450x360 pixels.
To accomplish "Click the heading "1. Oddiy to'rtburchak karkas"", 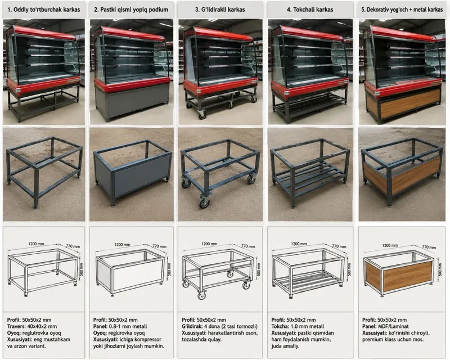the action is pyautogui.click(x=44, y=10).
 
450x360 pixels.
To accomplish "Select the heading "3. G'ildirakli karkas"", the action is pyautogui.click(x=220, y=10).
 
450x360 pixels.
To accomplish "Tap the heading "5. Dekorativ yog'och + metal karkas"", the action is pyautogui.click(x=402, y=10).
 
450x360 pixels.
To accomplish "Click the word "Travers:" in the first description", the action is pyautogui.click(x=16, y=326).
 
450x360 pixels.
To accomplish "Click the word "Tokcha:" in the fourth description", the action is pyautogui.click(x=280, y=326).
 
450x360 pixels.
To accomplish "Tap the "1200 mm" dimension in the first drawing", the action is pyautogui.click(x=36, y=244).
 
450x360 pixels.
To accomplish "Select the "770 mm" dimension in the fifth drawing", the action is pyautogui.click(x=429, y=247).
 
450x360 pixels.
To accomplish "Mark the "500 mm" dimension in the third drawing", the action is pyautogui.click(x=259, y=269).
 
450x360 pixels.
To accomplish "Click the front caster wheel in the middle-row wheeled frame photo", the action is pyautogui.click(x=204, y=202).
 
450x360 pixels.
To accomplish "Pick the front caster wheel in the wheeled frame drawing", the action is pyautogui.click(x=202, y=295).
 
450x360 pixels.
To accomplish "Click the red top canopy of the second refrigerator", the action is pyautogui.click(x=133, y=34).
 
